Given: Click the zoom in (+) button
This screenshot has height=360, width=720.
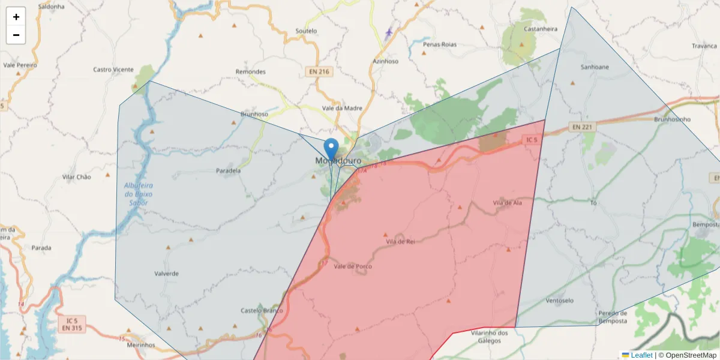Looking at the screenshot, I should tap(16, 17).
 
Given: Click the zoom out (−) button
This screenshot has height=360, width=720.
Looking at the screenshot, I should tap(16, 35).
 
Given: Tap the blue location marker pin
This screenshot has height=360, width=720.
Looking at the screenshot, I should tap(331, 149).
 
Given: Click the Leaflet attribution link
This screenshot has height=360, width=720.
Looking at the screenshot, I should tap(641, 355).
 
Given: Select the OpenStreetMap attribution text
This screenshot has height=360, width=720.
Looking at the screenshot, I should tap(688, 355).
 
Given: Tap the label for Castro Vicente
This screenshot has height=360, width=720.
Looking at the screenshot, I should tap(113, 70).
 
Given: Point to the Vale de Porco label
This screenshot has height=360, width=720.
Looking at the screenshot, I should tap(353, 266).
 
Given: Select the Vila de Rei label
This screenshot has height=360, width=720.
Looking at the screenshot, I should tap(401, 241).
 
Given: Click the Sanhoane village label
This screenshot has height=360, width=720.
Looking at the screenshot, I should tap(595, 67).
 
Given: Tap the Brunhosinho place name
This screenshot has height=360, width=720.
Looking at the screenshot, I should tap(673, 119).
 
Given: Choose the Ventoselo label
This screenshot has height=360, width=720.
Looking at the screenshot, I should tap(560, 300).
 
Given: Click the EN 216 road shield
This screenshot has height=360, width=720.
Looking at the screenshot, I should tap(319, 71).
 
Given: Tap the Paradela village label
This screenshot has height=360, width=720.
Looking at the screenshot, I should tap(228, 170).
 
